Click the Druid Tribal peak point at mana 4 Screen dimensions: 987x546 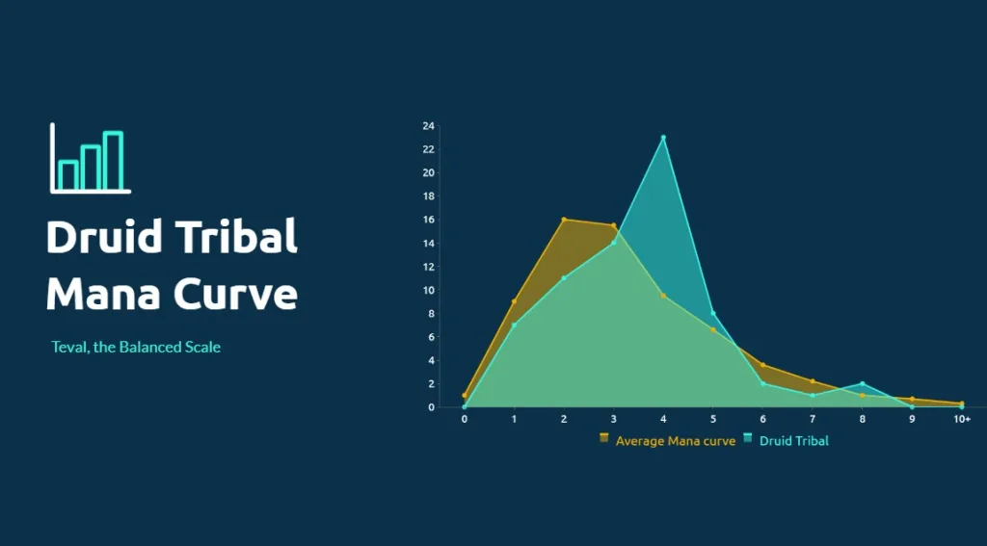(x=663, y=137)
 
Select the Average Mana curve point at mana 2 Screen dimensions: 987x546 (x=564, y=220)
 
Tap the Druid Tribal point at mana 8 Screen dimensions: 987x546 (x=863, y=383)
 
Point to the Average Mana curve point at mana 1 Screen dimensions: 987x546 (x=515, y=302)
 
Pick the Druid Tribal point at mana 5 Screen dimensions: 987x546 (x=713, y=313)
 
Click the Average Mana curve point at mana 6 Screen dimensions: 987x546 (x=763, y=365)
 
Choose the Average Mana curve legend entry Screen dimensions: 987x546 (x=667, y=440)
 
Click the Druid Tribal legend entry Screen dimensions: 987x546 (x=787, y=440)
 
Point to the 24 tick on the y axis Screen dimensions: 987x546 (x=429, y=126)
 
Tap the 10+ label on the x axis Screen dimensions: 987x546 (x=962, y=419)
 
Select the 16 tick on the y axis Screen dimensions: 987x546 (x=429, y=220)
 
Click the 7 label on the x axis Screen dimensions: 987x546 (x=813, y=419)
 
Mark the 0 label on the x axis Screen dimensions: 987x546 (x=465, y=419)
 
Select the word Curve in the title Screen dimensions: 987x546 (x=235, y=293)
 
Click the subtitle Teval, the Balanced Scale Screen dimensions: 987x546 (x=136, y=347)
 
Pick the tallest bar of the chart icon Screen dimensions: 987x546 (x=114, y=161)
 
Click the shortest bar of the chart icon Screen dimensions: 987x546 (x=68, y=175)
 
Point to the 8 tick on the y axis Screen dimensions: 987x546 (x=431, y=313)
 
